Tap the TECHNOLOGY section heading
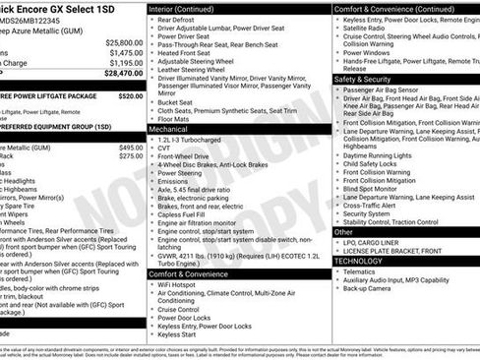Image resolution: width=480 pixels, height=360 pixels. tap(359, 262)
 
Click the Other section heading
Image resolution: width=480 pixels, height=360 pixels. tap(343, 233)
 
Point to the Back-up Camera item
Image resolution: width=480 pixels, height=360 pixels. tap(368, 289)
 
